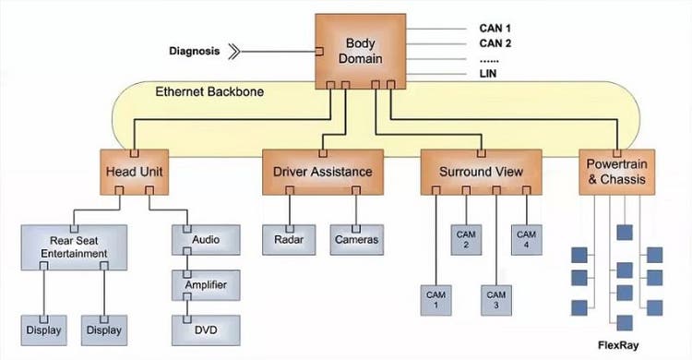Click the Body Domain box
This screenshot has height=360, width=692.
point(361,51)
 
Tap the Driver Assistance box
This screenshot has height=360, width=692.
point(322,171)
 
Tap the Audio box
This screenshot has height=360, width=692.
point(206,239)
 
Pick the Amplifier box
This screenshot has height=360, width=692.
point(206,284)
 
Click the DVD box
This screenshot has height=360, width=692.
point(206,330)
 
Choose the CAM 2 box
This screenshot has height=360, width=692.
point(466,239)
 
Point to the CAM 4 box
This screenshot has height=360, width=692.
point(526,239)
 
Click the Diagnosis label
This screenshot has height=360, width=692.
point(195,51)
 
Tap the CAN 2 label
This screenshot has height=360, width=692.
point(495,43)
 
